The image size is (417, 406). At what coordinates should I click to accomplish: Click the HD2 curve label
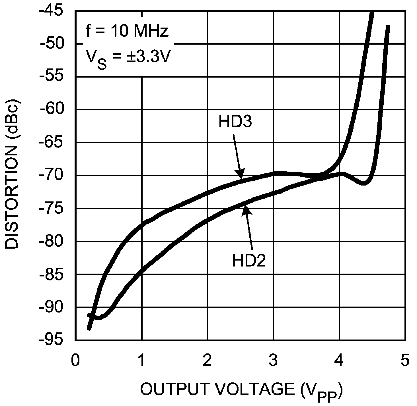click(x=249, y=261)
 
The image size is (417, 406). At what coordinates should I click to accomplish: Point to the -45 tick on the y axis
click(x=56, y=11)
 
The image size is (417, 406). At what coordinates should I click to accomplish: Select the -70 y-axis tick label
click(x=56, y=175)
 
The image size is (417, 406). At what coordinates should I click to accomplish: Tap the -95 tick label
click(x=56, y=340)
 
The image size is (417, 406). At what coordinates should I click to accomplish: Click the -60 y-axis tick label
click(x=56, y=109)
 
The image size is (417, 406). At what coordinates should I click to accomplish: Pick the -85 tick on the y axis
click(x=56, y=274)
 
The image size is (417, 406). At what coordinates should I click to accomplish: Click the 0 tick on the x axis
click(x=75, y=361)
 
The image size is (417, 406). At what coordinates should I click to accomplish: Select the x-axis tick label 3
click(x=273, y=361)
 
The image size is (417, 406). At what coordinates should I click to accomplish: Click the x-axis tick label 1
click(x=141, y=361)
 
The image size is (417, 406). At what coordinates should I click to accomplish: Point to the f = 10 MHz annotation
click(x=127, y=31)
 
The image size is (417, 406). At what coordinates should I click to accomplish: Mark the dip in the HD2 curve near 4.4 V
click(x=364, y=183)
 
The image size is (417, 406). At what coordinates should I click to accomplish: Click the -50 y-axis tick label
click(x=56, y=43)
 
